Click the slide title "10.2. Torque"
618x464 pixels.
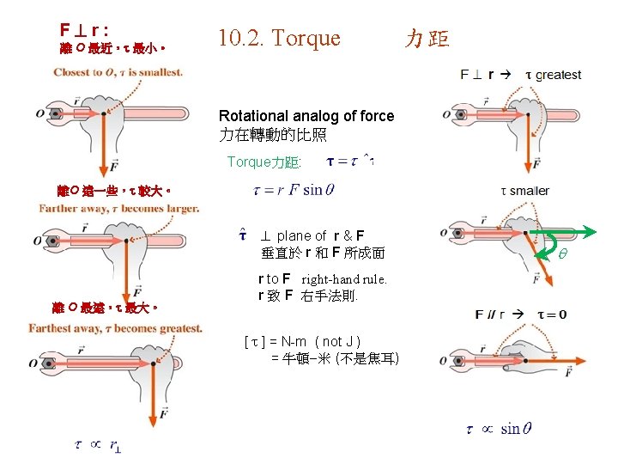click(x=279, y=38)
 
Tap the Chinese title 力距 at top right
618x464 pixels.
click(x=427, y=39)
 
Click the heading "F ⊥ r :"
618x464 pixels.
click(x=83, y=29)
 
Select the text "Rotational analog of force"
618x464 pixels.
click(x=306, y=116)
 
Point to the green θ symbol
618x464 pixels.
click(x=563, y=254)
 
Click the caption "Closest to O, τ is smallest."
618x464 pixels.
click(x=118, y=72)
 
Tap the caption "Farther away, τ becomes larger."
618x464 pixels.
click(x=119, y=208)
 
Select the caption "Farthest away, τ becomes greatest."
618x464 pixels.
click(x=115, y=328)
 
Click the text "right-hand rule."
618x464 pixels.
click(x=344, y=279)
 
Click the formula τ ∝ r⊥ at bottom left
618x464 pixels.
click(x=99, y=444)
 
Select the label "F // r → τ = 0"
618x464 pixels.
click(x=520, y=314)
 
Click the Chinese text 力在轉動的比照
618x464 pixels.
click(x=272, y=135)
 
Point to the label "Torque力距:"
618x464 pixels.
click(x=264, y=162)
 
